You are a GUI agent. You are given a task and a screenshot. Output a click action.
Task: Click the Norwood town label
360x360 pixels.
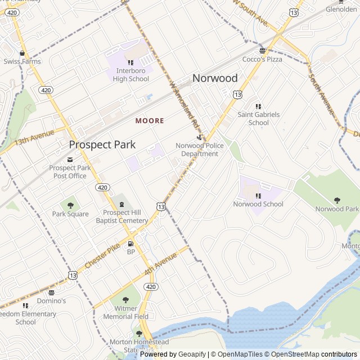tap(215, 78)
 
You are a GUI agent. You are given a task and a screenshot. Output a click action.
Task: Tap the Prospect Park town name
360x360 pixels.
tap(102, 145)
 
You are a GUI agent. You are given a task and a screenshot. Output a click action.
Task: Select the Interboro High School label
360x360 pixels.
tap(131, 75)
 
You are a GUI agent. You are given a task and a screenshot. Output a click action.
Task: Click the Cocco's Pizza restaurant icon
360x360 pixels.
tap(262, 50)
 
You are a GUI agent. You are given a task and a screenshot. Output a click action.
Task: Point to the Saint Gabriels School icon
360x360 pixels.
tap(258, 106)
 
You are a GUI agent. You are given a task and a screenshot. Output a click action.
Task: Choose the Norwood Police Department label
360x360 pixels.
tap(200, 150)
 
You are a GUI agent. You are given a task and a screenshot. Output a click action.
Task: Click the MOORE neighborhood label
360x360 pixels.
tap(150, 121)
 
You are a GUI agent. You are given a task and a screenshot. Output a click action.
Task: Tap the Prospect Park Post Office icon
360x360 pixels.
tap(70, 159)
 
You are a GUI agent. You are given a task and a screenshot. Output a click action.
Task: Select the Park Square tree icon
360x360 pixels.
tap(70, 205)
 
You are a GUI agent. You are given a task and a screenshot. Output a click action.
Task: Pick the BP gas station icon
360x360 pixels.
tap(131, 244)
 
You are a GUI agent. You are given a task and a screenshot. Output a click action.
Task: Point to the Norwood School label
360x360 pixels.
tap(258, 204)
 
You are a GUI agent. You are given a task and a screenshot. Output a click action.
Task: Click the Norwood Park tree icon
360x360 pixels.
tap(337, 200)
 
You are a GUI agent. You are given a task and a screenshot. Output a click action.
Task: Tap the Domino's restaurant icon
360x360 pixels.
tap(52, 292)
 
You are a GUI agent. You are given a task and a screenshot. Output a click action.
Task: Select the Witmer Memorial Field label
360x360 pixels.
tap(125, 312)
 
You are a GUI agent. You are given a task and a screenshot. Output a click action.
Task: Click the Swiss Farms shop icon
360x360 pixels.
tap(22, 53)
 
